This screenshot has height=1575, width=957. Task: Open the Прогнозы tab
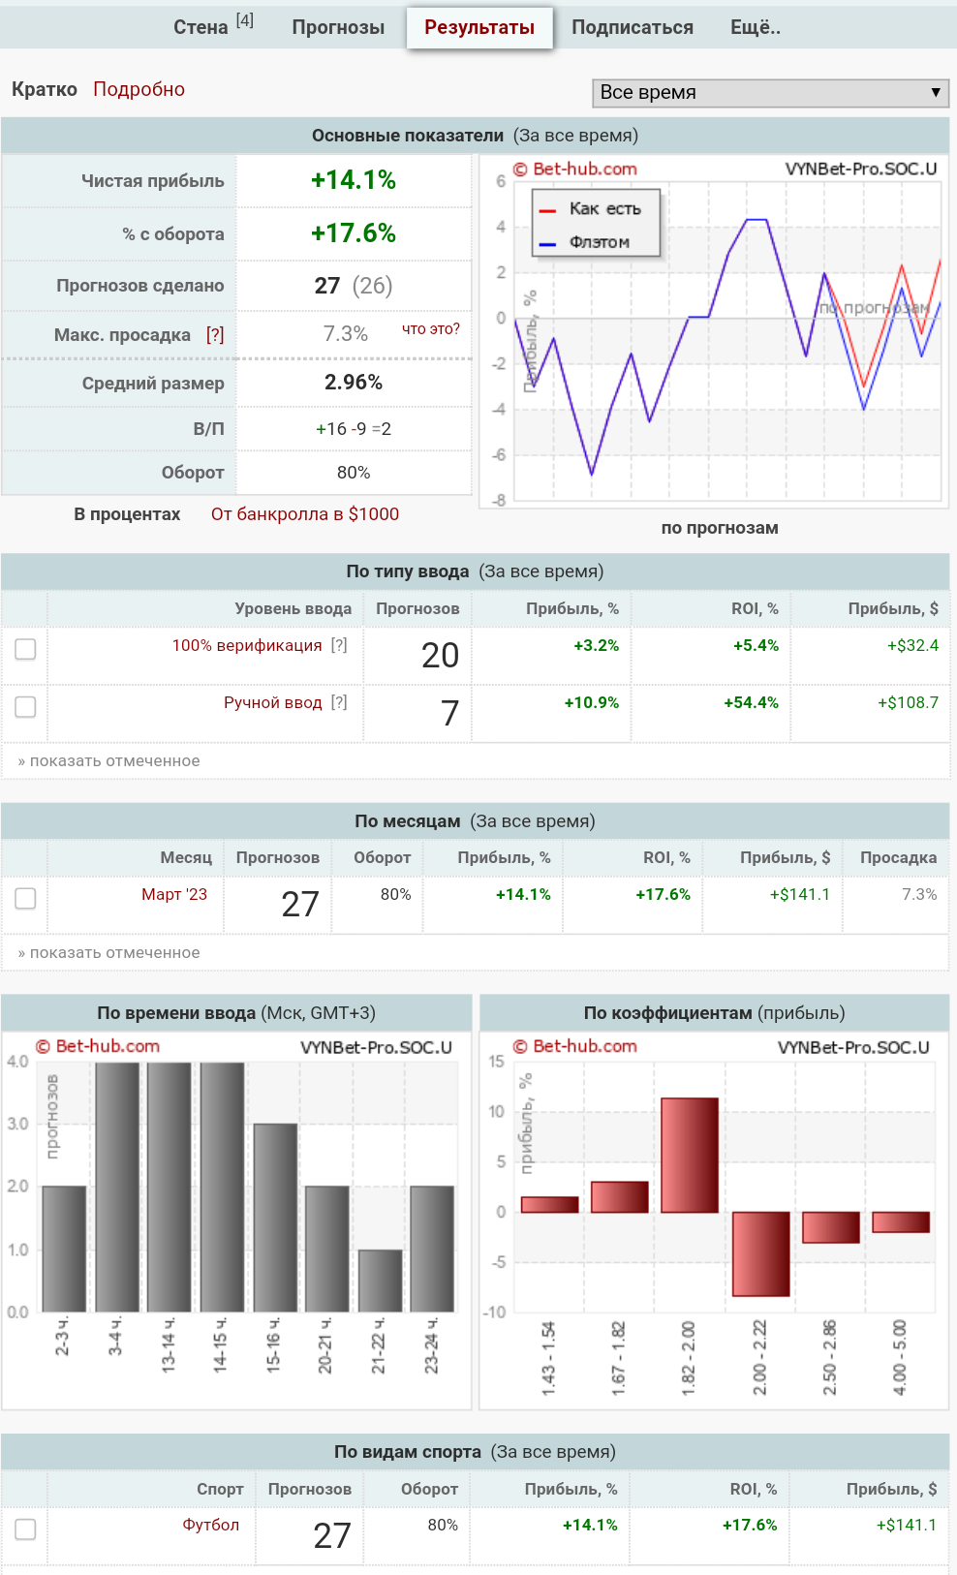click(338, 27)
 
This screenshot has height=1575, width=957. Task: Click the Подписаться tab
click(632, 27)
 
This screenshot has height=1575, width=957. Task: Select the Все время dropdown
click(770, 92)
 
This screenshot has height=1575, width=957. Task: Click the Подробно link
click(139, 89)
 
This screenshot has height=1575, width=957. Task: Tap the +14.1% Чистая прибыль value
click(354, 180)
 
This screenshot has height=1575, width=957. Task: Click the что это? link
click(431, 329)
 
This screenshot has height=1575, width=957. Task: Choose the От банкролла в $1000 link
click(305, 514)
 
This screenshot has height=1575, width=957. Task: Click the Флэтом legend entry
click(599, 242)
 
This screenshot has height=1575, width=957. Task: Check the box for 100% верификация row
click(25, 649)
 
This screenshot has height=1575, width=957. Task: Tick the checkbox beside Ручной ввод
click(25, 707)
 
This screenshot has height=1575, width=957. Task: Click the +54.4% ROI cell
click(751, 702)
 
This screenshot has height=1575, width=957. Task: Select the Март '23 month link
click(174, 894)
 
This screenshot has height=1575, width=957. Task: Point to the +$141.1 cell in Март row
click(799, 894)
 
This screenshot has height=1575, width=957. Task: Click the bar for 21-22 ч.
click(380, 1280)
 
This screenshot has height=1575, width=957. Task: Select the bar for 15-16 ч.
click(275, 1217)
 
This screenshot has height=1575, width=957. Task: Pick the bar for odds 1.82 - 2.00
click(690, 1155)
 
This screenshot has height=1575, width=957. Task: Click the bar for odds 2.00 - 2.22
click(760, 1253)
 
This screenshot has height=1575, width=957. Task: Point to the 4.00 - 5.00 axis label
click(900, 1357)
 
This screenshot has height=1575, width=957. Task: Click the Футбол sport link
click(210, 1525)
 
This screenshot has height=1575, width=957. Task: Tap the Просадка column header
click(898, 857)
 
